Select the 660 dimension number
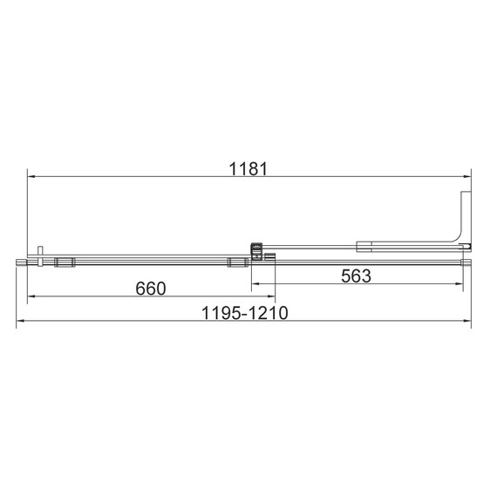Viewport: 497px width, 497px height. (150, 288)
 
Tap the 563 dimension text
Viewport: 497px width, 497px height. (356, 276)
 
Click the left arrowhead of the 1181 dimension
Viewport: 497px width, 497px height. (32, 176)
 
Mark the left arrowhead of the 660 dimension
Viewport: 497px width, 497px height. (32, 298)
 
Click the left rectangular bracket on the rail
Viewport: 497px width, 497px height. (64, 262)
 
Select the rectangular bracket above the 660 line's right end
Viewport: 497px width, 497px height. (235, 262)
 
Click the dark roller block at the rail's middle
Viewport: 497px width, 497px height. (257, 251)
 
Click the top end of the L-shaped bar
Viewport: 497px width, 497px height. (466, 194)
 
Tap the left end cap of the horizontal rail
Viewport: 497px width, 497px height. (18, 261)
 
